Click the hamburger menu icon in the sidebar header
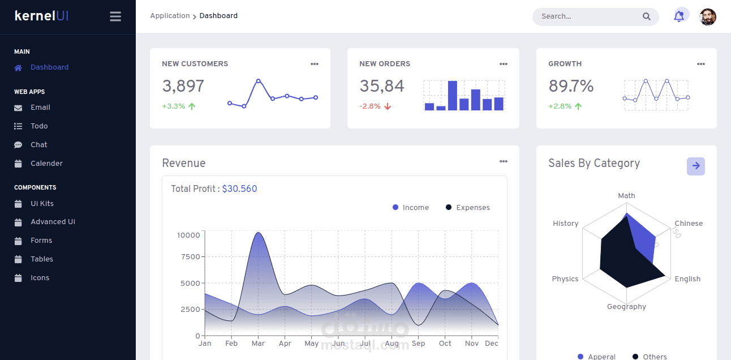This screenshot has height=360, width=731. point(115,16)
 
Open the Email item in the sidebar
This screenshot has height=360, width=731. point(40,108)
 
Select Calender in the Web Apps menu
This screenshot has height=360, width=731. point(46,164)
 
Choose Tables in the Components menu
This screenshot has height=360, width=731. point(42,259)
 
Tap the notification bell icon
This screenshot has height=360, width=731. point(679,16)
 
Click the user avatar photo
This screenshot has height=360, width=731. point(708,17)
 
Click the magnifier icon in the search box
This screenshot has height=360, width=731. point(647,16)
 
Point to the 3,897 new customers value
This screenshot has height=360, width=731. point(183,86)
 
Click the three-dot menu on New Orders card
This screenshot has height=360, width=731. point(504,64)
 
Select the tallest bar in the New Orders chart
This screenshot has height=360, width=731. point(453,95)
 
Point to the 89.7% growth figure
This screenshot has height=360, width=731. point(571,86)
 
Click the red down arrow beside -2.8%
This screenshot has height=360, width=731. point(388,106)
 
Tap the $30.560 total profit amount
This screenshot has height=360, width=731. point(239,189)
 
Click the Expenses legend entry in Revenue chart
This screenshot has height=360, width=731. point(472,208)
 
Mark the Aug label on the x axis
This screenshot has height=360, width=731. point(392,344)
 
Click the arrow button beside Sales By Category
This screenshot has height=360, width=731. point(696,166)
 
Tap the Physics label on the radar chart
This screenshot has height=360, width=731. point(565,279)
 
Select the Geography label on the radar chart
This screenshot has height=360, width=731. point(626,307)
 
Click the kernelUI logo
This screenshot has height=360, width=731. point(42,16)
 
